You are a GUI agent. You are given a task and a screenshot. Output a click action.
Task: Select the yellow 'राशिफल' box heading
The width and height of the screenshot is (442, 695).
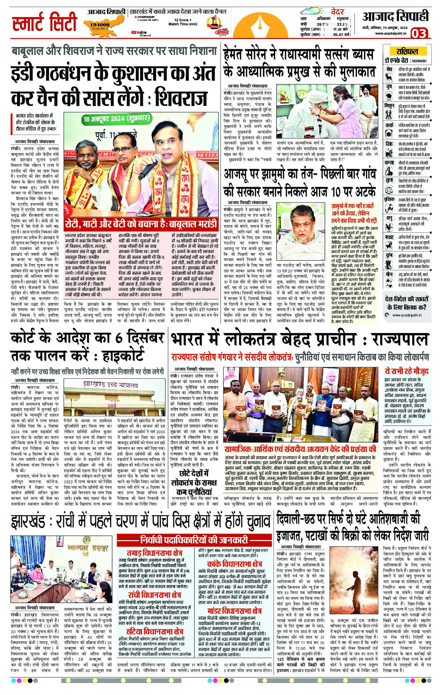[x=407, y=51]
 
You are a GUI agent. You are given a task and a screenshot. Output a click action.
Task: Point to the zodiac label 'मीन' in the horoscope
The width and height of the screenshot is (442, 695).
[x=389, y=274]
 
